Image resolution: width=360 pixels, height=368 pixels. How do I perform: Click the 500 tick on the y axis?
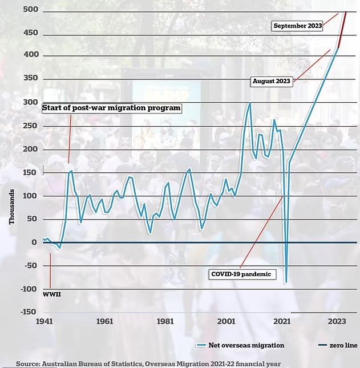click(30, 10)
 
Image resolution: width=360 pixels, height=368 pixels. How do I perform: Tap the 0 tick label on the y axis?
click(34, 242)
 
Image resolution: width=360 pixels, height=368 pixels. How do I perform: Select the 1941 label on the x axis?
click(44, 321)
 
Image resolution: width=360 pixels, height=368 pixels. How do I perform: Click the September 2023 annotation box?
click(297, 26)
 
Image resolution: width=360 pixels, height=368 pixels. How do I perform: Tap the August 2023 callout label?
click(272, 81)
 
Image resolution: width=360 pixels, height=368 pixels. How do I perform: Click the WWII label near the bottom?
click(51, 294)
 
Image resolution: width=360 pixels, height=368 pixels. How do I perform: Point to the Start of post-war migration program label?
click(112, 108)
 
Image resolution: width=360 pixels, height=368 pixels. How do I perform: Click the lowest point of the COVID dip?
click(286, 282)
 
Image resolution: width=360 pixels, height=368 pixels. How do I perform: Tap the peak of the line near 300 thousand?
click(249, 103)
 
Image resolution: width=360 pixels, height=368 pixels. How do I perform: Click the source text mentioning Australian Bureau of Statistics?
click(148, 363)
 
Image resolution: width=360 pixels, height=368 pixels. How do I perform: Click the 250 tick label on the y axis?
click(30, 126)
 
